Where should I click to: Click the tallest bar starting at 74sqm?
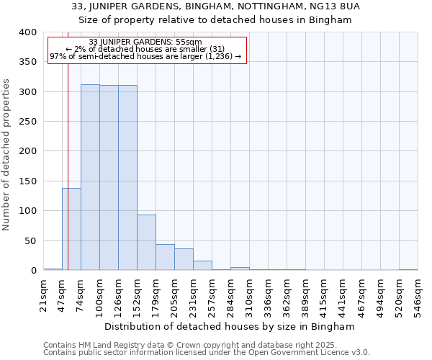click(x=90, y=177)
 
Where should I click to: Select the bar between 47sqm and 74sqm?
click(x=71, y=229)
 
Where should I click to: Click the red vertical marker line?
click(x=68, y=158)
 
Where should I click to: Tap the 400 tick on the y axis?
click(x=27, y=32)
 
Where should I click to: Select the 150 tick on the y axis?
click(x=27, y=181)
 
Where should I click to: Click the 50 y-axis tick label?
click(x=30, y=240)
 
